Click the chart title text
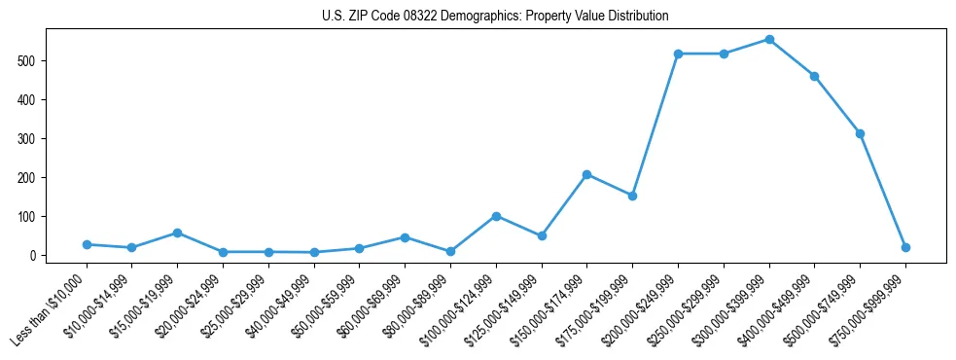(x=495, y=17)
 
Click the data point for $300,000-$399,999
(x=769, y=40)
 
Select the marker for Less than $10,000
(x=87, y=244)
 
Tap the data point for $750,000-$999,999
(x=905, y=247)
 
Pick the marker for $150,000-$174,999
(x=587, y=174)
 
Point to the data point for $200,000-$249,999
(x=678, y=54)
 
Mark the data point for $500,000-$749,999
(x=860, y=133)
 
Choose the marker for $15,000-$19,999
(x=177, y=233)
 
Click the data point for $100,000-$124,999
(x=496, y=216)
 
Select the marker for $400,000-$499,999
(x=814, y=76)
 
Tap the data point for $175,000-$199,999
(x=632, y=196)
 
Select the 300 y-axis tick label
(x=30, y=138)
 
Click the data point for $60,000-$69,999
(x=405, y=237)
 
